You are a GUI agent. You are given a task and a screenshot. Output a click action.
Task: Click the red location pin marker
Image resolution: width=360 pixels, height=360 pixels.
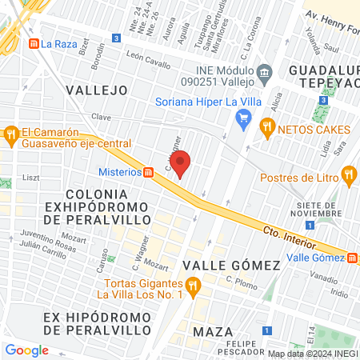pyautogui.click(x=181, y=164)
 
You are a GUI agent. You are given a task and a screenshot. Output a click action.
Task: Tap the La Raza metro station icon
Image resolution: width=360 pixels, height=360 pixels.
pyautogui.click(x=34, y=43)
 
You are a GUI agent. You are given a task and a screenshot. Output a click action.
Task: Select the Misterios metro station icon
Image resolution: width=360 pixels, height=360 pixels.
pyautogui.click(x=148, y=172)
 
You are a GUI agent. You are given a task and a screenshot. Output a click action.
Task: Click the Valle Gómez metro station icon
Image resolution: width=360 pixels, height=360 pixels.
pyautogui.click(x=353, y=257)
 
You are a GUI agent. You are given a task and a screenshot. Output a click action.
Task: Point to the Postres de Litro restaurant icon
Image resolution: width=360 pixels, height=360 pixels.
pyautogui.click(x=348, y=174)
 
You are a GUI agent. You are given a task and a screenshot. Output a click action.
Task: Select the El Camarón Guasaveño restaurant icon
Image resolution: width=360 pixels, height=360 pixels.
pyautogui.click(x=10, y=134)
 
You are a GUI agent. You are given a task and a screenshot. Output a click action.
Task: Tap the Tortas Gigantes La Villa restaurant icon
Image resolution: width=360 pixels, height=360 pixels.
pyautogui.click(x=192, y=286)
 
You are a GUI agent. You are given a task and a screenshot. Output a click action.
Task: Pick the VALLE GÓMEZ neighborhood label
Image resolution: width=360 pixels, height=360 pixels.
pyautogui.click(x=231, y=265)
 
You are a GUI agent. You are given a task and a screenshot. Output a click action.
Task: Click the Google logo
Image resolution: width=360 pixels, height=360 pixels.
pyautogui.click(x=27, y=350)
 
